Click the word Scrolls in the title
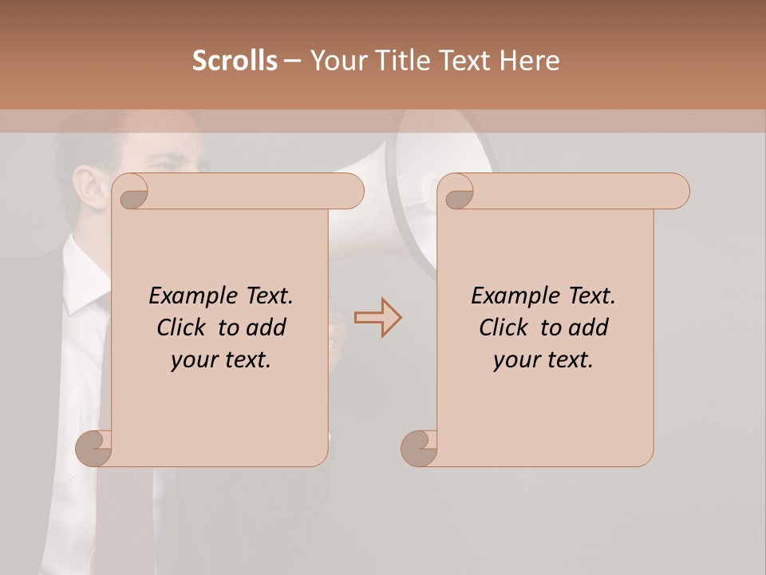[235, 61]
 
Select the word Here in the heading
[531, 61]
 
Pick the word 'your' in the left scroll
[192, 360]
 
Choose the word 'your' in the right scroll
[515, 360]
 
